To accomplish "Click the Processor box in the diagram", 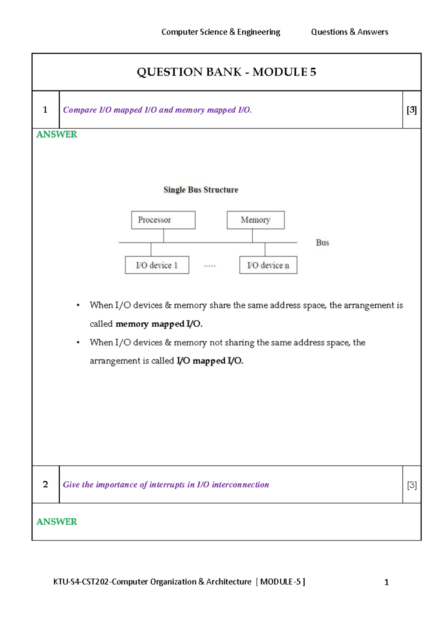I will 163,220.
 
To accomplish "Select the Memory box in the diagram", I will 256,220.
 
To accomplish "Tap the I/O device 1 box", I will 157,265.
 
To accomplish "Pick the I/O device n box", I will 268,265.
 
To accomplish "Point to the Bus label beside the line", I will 322,243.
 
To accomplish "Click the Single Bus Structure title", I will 201,190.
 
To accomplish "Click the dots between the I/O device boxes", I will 210,266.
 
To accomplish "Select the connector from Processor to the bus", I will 164,236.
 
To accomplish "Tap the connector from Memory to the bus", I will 252,236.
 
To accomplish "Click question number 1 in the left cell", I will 45,110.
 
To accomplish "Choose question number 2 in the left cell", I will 45,484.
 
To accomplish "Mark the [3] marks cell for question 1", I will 411,110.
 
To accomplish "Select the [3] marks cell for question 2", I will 412,485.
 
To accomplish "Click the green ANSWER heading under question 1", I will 57,135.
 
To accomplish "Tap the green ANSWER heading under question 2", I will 57,522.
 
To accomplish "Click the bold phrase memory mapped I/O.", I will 159,324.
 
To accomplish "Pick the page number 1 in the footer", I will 386,582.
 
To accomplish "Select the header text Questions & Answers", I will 350,32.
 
